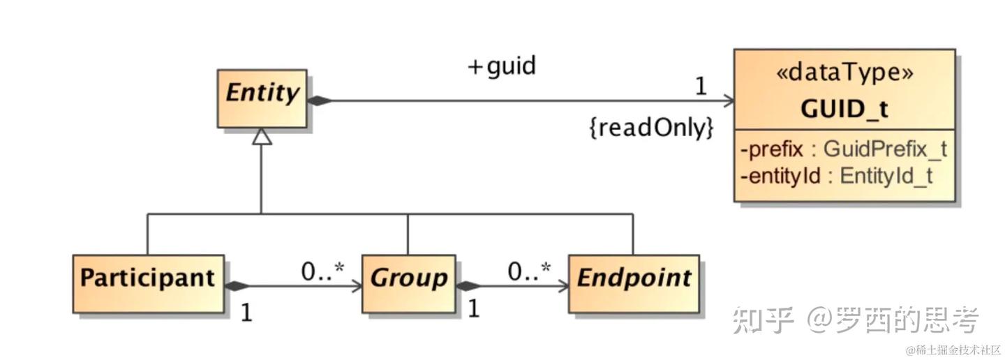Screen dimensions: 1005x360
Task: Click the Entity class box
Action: [262, 98]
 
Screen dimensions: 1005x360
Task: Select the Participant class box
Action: [149, 284]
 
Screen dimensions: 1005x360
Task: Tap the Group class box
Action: [409, 284]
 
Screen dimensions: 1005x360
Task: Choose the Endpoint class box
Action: [634, 284]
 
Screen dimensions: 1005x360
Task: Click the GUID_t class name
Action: [844, 109]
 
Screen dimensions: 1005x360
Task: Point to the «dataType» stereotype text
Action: [844, 73]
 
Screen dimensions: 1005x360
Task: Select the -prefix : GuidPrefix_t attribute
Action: [844, 149]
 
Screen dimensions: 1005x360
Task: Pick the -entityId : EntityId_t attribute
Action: [836, 176]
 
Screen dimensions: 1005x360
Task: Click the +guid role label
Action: [502, 66]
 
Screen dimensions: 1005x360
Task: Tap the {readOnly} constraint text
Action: [651, 128]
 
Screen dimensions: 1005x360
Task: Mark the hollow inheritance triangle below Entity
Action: [262, 137]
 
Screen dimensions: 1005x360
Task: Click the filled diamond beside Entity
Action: [320, 101]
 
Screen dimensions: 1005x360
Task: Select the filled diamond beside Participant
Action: [237, 286]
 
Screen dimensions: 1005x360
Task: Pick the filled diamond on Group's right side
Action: [468, 286]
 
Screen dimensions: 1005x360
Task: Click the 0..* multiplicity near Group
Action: [322, 271]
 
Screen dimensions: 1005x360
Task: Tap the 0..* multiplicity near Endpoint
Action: [530, 271]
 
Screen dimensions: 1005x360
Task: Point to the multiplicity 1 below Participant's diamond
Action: [246, 313]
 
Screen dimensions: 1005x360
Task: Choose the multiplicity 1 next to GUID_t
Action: [701, 86]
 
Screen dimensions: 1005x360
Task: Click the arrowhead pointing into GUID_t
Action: [728, 101]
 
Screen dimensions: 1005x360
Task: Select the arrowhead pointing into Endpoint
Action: [563, 286]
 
